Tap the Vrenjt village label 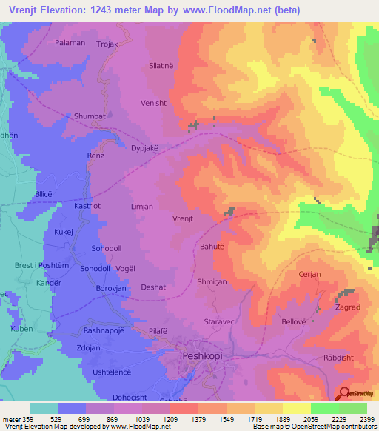(183, 219)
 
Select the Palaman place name (70, 43)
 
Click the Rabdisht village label (340, 358)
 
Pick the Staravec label (218, 321)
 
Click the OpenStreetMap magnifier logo (344, 393)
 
